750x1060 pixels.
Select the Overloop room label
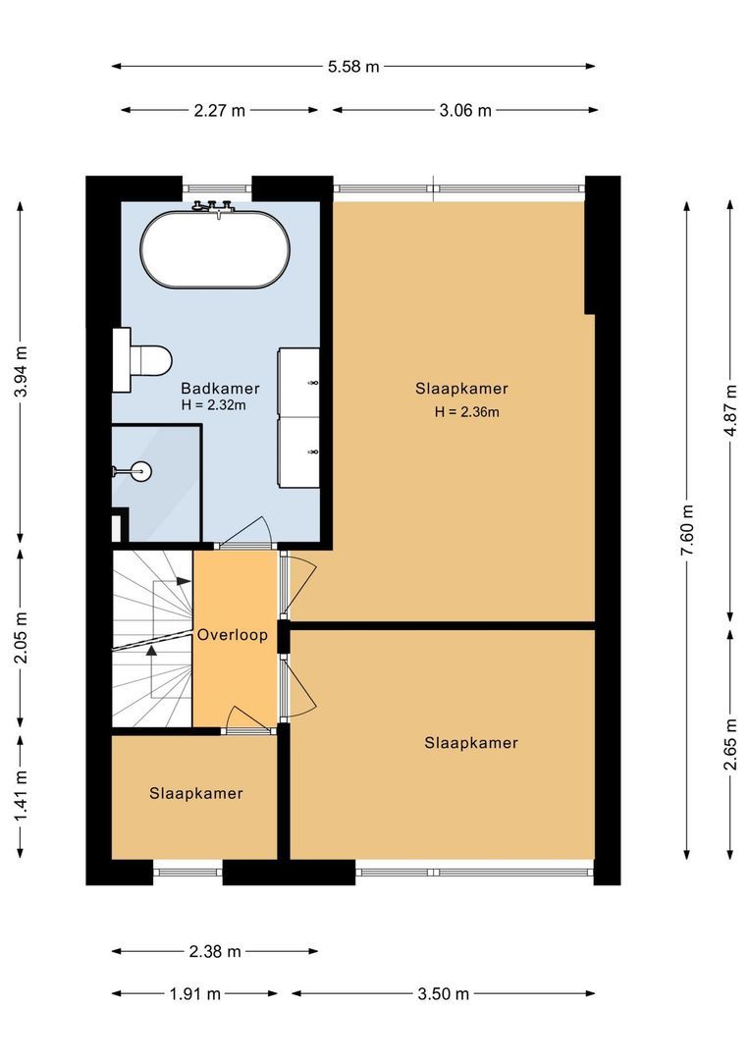(x=233, y=635)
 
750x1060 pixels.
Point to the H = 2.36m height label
(x=467, y=412)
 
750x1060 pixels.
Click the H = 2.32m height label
(x=214, y=404)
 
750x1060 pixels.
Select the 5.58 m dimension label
(x=353, y=67)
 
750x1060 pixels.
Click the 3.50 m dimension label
(x=443, y=993)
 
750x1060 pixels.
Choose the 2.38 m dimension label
(x=215, y=951)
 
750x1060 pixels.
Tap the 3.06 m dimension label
(x=465, y=110)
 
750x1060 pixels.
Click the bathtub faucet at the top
(x=215, y=206)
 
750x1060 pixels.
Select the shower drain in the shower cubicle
(x=143, y=471)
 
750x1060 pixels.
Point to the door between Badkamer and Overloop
(x=244, y=535)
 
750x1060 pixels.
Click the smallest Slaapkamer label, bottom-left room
(x=196, y=793)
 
